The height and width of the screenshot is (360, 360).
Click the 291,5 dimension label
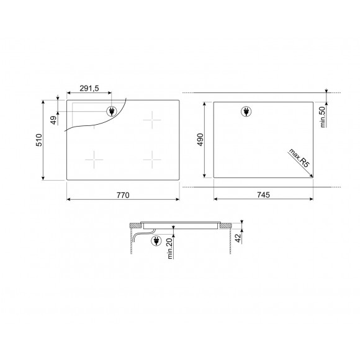[x=89, y=88]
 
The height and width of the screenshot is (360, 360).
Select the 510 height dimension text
[x=39, y=140]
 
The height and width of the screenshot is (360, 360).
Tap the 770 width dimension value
[x=123, y=195]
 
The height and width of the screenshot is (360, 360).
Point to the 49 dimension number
[x=53, y=120]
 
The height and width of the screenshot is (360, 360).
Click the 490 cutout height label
[x=200, y=140]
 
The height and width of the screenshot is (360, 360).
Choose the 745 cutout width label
[x=263, y=195]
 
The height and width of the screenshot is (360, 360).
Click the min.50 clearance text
[x=323, y=117]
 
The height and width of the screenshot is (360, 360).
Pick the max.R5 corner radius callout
[x=299, y=158]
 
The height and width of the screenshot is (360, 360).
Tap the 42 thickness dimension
[x=238, y=238]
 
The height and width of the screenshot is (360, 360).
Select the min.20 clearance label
[x=170, y=249]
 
